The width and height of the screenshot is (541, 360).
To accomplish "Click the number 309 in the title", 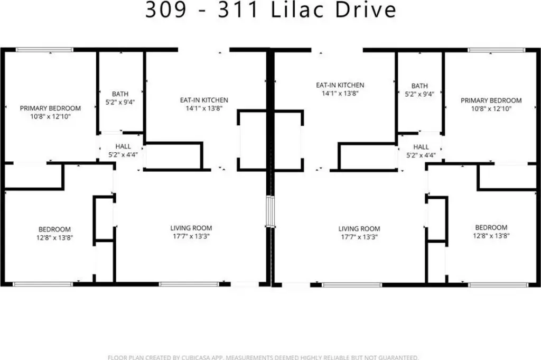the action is pos(165,10).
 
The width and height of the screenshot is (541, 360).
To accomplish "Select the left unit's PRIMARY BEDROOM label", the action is pos(50,108).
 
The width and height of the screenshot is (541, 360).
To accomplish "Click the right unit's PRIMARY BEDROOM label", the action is pos(491,100).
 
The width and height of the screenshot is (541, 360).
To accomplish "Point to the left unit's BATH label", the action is pos(120,94).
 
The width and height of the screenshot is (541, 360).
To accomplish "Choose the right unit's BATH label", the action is pos(419,86).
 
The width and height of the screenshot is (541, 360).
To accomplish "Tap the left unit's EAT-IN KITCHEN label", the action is pos(204,100).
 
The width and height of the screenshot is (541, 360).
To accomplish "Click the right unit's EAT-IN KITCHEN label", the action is pos(340,85).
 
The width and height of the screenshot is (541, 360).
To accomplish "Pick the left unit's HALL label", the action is pos(123,146).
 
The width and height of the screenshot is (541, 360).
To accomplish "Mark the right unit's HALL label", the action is pos(421,147).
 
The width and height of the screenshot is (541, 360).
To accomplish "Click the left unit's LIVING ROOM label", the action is pos(191,228).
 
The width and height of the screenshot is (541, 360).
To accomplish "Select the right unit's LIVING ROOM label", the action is pos(359,229).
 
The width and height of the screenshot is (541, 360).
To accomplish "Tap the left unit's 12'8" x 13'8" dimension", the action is pos(55,238).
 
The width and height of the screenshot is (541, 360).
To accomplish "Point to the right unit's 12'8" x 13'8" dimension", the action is pos(491,236).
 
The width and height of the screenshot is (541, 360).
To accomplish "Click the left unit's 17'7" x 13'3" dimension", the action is pos(191,236).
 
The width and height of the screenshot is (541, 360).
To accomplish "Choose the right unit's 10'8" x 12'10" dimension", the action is pos(491,109).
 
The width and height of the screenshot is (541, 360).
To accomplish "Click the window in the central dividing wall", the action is pos(270,211).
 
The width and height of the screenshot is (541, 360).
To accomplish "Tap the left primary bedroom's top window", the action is pos(44,50).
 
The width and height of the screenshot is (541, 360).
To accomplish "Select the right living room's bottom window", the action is pos(351,285).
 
